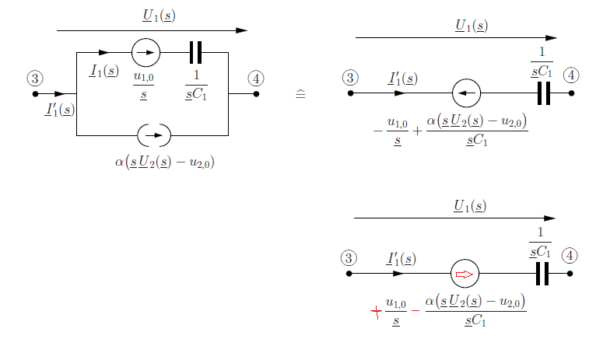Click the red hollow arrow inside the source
(x=465, y=274)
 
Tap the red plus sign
(x=376, y=311)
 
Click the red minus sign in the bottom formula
(x=415, y=310)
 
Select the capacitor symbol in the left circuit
(x=196, y=53)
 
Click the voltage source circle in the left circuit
(x=145, y=53)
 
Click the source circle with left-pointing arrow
(x=467, y=93)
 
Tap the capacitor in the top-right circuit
(x=544, y=93)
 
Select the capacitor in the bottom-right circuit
(x=542, y=274)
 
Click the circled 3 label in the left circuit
(x=35, y=79)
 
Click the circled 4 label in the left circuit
(x=256, y=79)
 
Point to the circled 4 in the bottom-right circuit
(x=570, y=256)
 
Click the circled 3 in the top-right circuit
(x=350, y=78)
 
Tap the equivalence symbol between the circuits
(x=300, y=94)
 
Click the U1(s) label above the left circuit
(x=159, y=16)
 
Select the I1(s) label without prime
(x=103, y=71)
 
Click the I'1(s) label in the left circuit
(x=60, y=110)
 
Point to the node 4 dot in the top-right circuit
(x=571, y=93)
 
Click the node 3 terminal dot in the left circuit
(x=35, y=94)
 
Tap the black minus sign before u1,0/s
(x=378, y=131)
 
